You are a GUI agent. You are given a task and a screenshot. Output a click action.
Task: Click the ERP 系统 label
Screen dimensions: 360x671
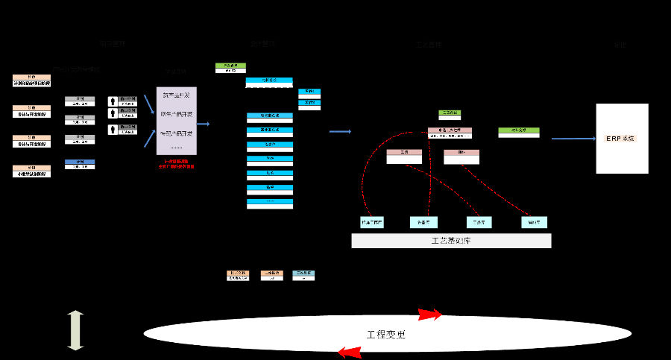point(620,139)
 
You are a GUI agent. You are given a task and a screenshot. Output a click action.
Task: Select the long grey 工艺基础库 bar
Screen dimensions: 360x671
point(451,241)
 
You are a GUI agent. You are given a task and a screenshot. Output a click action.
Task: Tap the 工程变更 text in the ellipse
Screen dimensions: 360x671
point(387,335)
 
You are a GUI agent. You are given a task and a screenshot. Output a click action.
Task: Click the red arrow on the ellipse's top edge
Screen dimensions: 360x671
point(429,314)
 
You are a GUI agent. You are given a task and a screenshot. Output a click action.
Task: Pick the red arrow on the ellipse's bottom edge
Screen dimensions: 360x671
point(350,352)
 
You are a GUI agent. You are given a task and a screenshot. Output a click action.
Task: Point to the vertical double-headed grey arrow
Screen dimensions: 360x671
point(75,331)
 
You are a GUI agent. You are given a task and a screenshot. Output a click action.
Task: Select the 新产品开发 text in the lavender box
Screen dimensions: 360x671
point(177,95)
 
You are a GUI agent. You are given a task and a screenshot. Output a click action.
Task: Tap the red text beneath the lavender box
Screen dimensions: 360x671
point(177,165)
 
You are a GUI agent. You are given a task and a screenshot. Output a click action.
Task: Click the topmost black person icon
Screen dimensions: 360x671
point(113,100)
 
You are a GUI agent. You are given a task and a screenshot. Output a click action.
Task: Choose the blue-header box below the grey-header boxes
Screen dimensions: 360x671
point(80,164)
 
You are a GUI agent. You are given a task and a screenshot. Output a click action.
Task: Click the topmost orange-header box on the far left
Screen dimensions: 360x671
point(31,80)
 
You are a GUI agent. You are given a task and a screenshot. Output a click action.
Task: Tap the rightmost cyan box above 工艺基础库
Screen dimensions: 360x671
point(534,222)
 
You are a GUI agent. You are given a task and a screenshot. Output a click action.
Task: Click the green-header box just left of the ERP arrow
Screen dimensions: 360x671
point(519,132)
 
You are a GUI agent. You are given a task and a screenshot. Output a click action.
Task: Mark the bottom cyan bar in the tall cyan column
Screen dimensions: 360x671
point(270,203)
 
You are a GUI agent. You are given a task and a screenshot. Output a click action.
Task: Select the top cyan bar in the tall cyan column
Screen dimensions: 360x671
point(269,82)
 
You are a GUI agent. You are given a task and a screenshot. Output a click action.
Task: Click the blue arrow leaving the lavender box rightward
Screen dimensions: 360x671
point(203,124)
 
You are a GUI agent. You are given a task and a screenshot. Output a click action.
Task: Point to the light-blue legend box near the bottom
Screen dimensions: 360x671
point(303,275)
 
